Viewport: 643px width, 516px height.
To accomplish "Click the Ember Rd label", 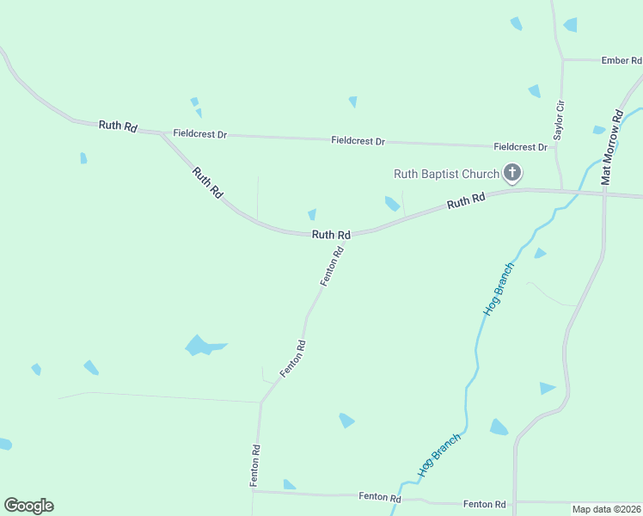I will coord(622,60).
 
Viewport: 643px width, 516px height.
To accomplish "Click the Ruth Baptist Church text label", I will coord(446,174).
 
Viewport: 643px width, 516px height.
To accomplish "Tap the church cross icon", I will coord(511,175).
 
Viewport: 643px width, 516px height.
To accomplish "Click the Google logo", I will coord(28,506).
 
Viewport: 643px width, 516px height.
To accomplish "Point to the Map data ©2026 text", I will coord(607,509).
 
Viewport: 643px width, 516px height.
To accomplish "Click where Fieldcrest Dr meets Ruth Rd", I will coord(162,133).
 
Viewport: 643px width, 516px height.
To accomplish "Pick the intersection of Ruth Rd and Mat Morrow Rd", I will coord(605,193).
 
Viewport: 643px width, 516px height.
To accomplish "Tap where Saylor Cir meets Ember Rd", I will coord(562,60).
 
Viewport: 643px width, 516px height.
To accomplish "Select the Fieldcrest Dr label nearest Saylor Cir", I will coord(520,147).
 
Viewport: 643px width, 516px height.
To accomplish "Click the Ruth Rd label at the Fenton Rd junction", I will coord(331,234).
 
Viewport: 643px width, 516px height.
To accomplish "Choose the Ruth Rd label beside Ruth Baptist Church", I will coord(466,202).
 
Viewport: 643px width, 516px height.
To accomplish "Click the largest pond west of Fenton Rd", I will coord(201,346).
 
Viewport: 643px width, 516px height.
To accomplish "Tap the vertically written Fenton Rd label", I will coord(255,465).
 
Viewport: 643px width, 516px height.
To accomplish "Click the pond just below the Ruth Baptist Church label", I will coord(392,203).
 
